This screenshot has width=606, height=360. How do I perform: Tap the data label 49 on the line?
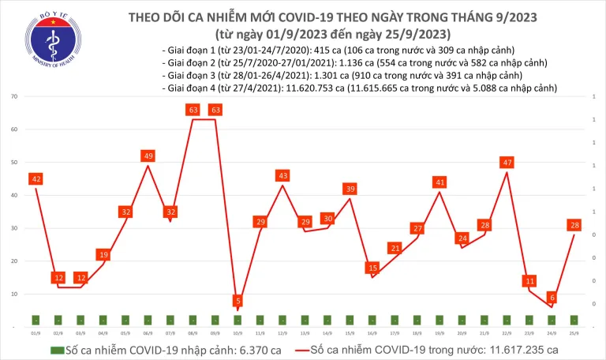148,156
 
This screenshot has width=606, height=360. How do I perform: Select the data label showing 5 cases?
238,301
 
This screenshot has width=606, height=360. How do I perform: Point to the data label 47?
507,163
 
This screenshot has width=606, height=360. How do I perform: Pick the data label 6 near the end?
552,298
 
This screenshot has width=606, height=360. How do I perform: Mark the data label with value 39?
350,189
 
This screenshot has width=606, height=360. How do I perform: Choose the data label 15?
372,268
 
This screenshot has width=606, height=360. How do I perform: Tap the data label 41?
440,182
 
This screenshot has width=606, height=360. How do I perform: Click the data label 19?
103,254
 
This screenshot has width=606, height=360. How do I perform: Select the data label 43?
282,175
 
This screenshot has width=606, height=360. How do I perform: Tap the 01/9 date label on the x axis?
36,333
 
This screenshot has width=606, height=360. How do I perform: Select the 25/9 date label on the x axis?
574,333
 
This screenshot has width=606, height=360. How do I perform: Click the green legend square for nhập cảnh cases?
58,349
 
